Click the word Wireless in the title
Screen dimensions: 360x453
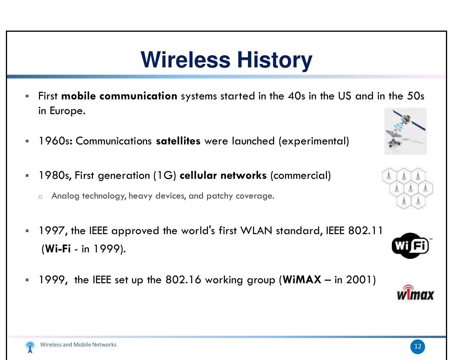185,60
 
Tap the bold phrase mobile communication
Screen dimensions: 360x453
119,96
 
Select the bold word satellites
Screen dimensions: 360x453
178,141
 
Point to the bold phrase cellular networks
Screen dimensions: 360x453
223,176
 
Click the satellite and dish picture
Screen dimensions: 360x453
405,131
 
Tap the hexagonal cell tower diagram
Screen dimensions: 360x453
407,189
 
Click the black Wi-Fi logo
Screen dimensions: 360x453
410,246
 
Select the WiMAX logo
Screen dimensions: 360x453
415,293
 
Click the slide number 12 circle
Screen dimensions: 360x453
418,346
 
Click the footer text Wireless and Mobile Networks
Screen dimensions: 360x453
78,345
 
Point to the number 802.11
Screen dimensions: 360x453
365,231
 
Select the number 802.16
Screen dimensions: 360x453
183,280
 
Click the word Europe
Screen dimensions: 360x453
67,111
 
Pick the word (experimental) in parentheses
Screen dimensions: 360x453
314,141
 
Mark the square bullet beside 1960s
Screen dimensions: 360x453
27,141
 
